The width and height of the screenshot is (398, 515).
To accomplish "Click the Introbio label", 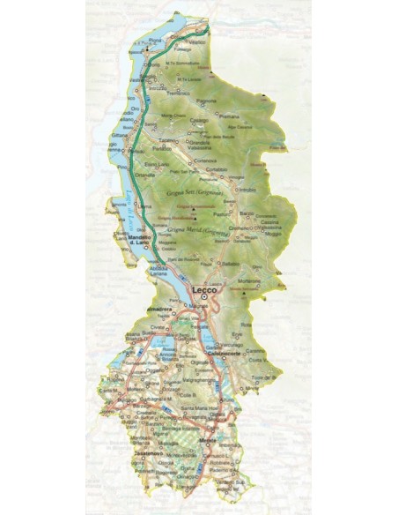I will (248, 190).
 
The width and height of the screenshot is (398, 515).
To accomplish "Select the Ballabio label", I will (232, 264).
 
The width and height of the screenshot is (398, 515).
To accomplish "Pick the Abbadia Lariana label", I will (160, 272).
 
